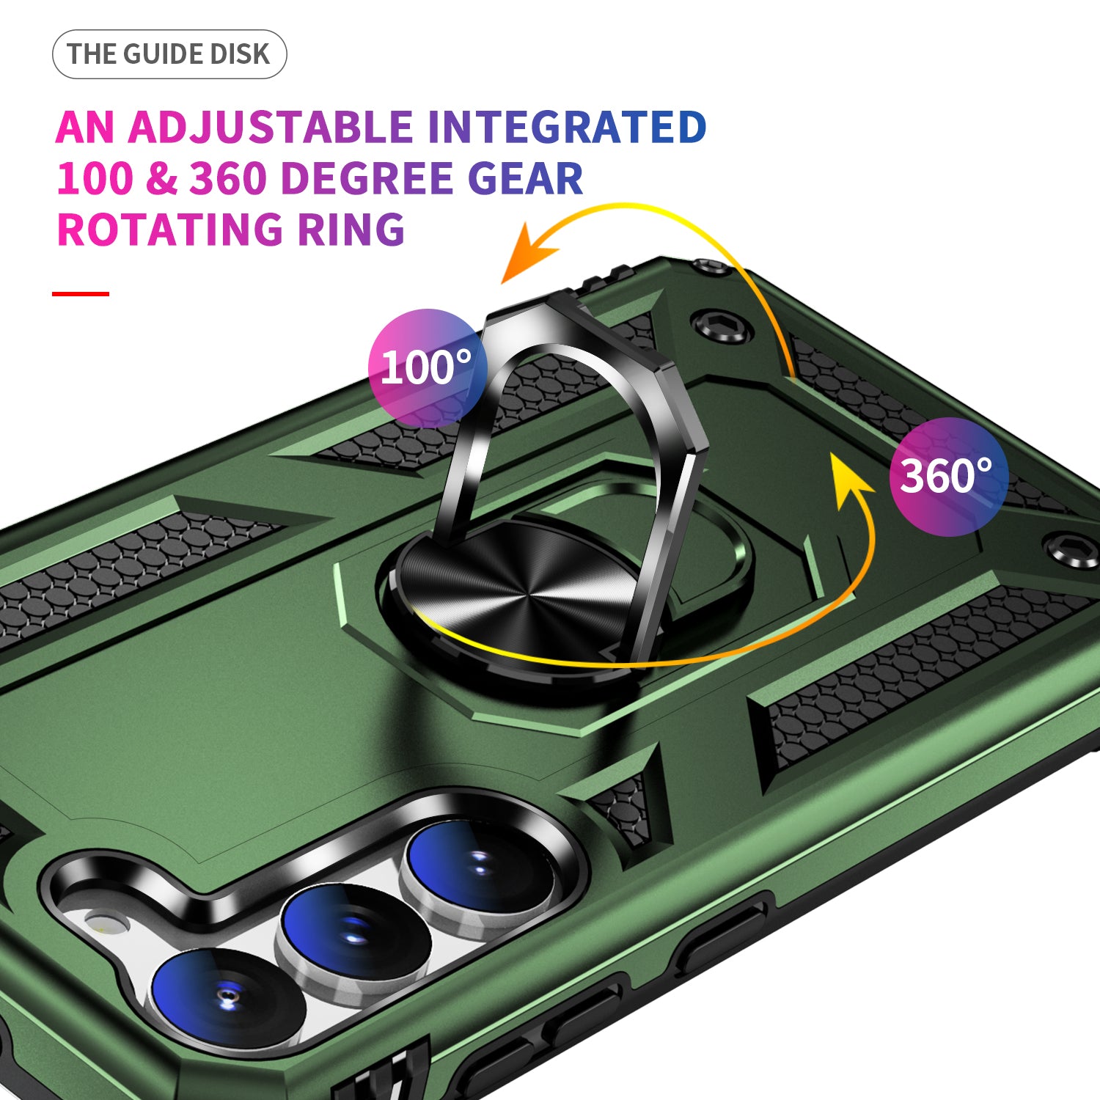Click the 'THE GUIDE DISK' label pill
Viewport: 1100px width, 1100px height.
point(169,54)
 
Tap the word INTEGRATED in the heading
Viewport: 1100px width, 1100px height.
point(567,128)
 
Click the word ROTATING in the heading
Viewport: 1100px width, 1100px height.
point(169,230)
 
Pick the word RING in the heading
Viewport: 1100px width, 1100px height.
point(351,230)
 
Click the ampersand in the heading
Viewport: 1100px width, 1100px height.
point(161,178)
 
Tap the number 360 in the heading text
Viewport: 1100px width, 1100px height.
point(227,178)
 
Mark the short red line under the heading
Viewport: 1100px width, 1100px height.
point(81,294)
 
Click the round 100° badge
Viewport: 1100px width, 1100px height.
point(427,368)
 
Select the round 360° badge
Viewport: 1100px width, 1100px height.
point(948,477)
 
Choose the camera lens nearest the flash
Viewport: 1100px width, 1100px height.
point(227,999)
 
